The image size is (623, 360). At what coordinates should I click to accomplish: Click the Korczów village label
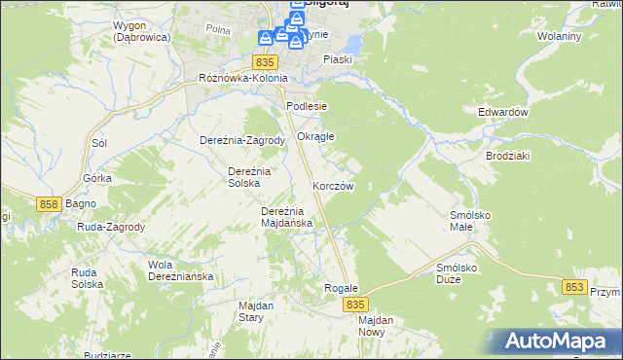(x=332, y=186)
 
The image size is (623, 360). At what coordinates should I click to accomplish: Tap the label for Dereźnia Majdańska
(x=286, y=217)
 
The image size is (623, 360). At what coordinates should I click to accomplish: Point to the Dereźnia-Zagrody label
(x=241, y=140)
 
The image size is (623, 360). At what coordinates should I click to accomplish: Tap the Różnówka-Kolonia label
(x=242, y=79)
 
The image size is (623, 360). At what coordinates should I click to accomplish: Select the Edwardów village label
(x=502, y=112)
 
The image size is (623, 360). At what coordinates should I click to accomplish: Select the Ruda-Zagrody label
(x=111, y=228)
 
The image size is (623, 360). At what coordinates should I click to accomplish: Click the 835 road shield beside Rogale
(x=354, y=305)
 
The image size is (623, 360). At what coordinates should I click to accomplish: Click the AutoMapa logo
(x=557, y=342)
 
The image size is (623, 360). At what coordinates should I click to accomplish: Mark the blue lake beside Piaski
(x=351, y=44)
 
